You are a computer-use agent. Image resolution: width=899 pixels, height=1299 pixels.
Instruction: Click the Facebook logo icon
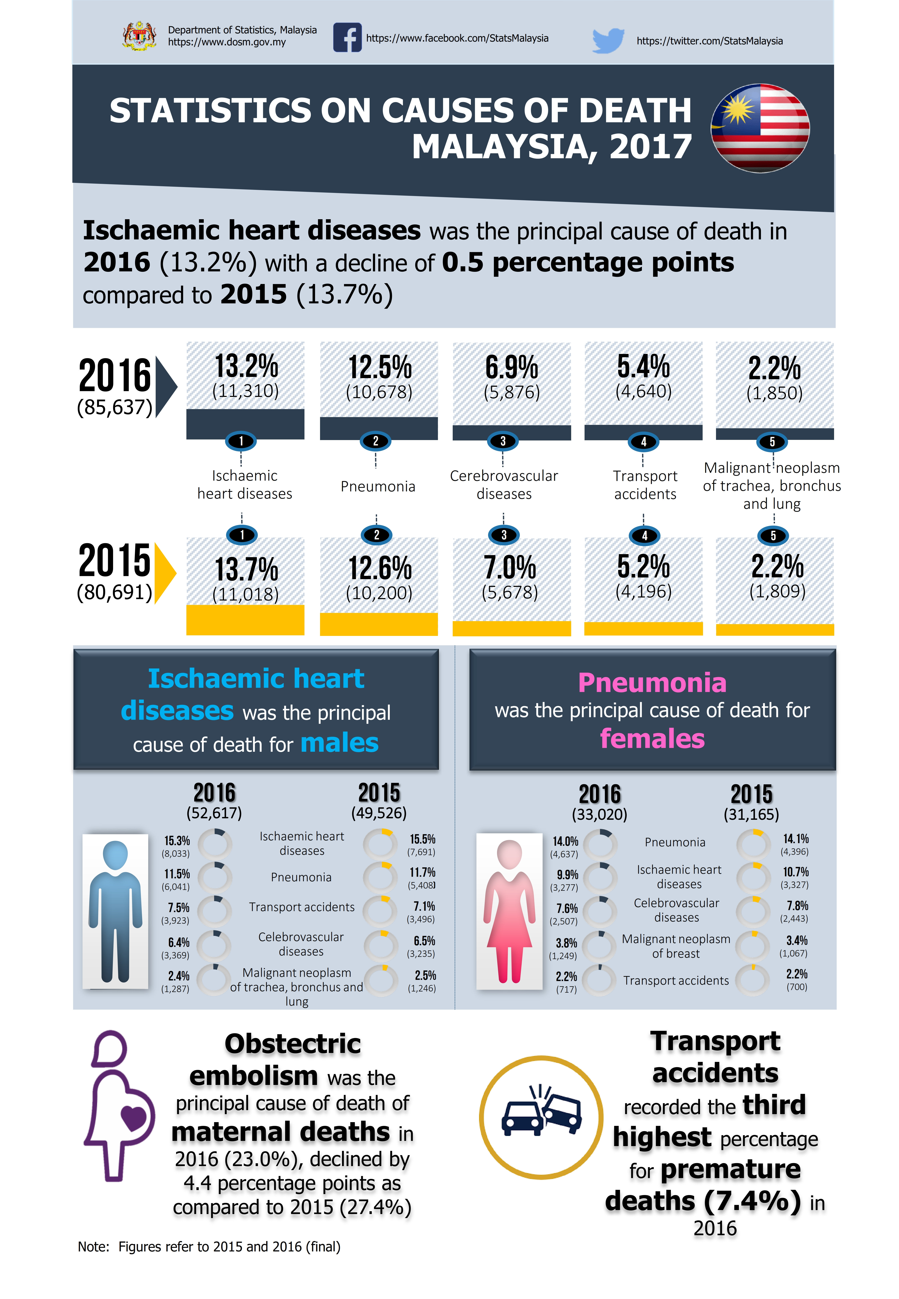[347, 38]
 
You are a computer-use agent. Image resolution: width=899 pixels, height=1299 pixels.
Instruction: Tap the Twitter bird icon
[608, 40]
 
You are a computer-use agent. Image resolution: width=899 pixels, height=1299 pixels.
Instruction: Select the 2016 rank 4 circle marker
[644, 442]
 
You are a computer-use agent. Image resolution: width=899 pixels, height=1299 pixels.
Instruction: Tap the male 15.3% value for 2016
[177, 841]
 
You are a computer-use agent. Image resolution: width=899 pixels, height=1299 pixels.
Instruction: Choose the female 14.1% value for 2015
[795, 839]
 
